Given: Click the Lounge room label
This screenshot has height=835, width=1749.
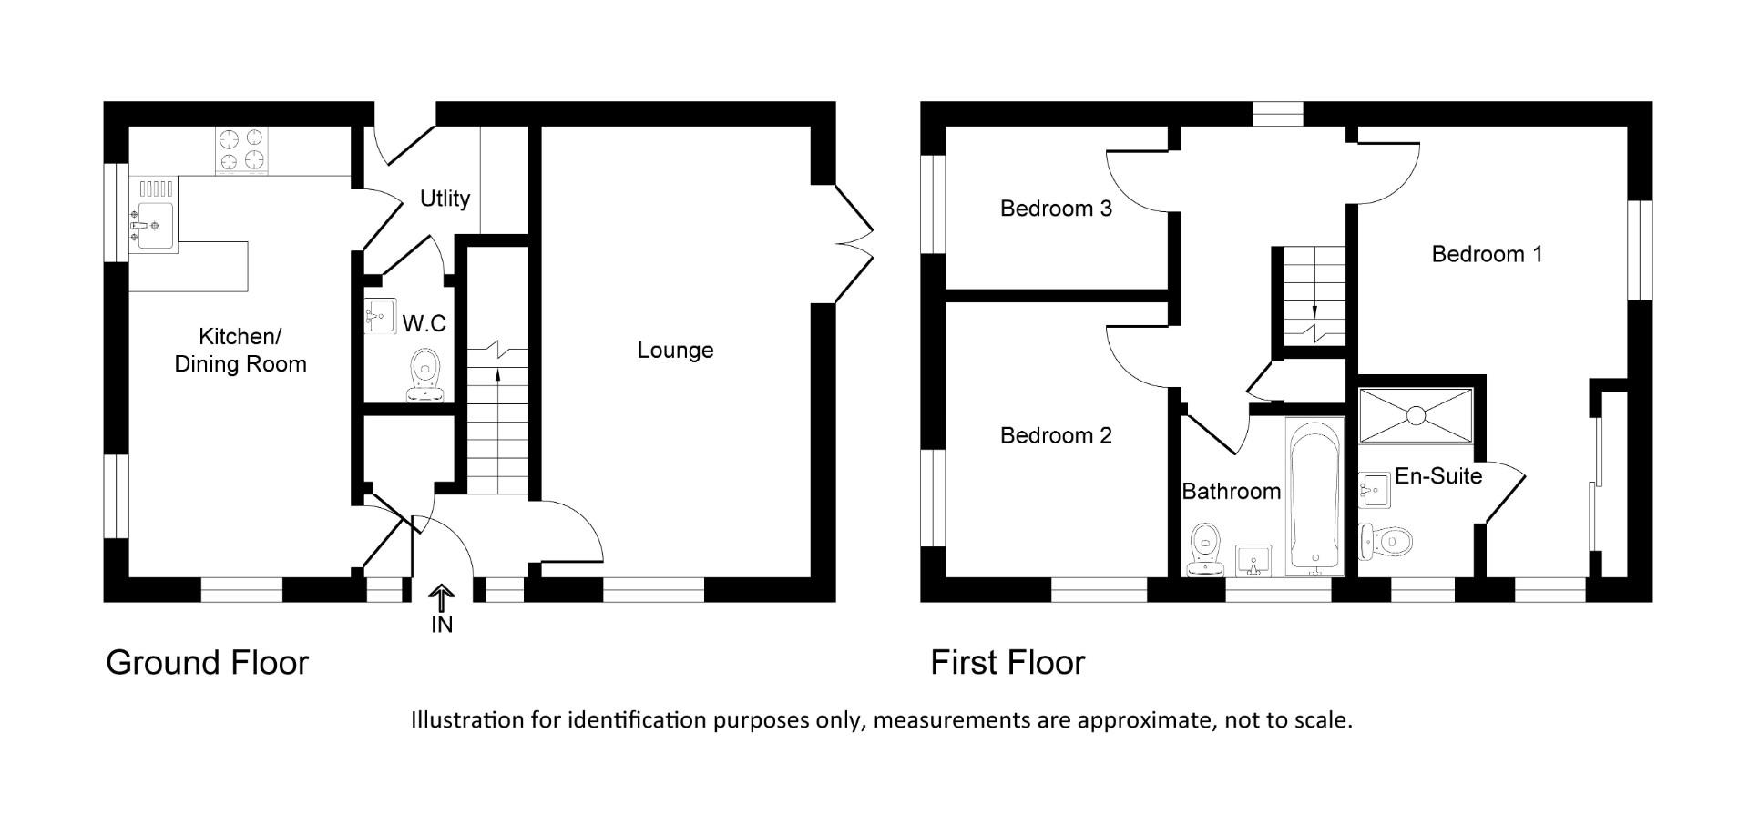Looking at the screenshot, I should [x=675, y=351].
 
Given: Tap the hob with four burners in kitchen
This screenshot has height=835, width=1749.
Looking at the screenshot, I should [x=242, y=150].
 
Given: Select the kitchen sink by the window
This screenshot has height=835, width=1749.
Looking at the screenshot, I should [x=154, y=219].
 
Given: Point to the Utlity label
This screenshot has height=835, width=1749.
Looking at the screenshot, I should [x=445, y=199].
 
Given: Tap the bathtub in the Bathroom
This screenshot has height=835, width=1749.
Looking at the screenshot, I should [x=1314, y=497].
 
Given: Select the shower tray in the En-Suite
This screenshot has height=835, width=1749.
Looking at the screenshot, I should [x=1415, y=416].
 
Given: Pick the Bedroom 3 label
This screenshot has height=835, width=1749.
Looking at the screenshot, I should [x=1056, y=209].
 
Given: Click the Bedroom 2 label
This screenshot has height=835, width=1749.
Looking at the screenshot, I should [x=1056, y=435].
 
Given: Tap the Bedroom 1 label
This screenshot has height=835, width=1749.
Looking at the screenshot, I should [x=1487, y=254].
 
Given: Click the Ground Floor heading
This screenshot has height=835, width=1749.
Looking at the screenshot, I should [x=208, y=662].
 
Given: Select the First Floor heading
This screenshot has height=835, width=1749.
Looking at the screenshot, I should [x=1007, y=662].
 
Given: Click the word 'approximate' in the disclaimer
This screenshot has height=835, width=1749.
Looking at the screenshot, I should [x=1147, y=720].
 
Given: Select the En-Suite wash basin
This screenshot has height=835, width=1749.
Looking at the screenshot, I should [x=1374, y=490].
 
